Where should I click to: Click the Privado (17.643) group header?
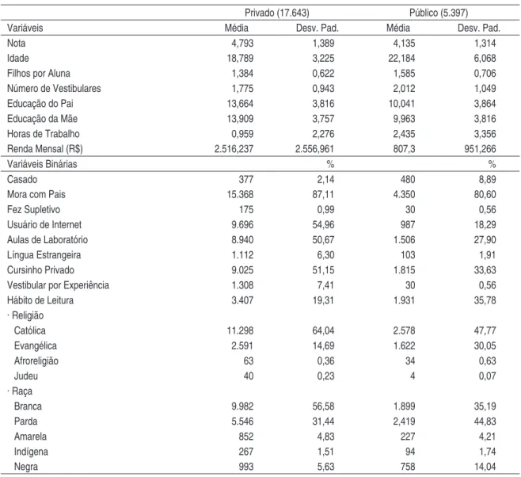pyautogui.click(x=277, y=13)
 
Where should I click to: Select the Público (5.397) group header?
pyautogui.click(x=439, y=13)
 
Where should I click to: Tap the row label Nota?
pyautogui.click(x=17, y=44)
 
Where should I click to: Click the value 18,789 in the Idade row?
pyautogui.click(x=240, y=59)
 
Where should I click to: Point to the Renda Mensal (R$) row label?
pyautogui.click(x=45, y=149)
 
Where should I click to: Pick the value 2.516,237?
pyautogui.click(x=234, y=149)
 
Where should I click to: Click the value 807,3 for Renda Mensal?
pyautogui.click(x=404, y=149)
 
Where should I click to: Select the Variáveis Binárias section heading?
pyautogui.click(x=42, y=164)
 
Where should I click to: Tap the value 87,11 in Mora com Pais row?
pyautogui.click(x=323, y=194)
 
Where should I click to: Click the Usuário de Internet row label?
pyautogui.click(x=44, y=225)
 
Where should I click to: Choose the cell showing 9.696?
pyautogui.click(x=242, y=225)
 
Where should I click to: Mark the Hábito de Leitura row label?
pyautogui.click(x=40, y=300)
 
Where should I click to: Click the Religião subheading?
pyautogui.click(x=25, y=315)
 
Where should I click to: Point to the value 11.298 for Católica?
pyautogui.click(x=240, y=330)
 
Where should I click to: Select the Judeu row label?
pyautogui.click(x=26, y=376)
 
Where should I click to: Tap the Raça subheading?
pyautogui.click(x=20, y=391)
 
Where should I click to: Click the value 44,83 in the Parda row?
pyautogui.click(x=485, y=422)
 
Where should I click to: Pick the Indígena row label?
pyautogui.click(x=31, y=452)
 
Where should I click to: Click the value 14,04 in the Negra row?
pyautogui.click(x=485, y=467)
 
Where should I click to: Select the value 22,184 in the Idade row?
pyautogui.click(x=401, y=59)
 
